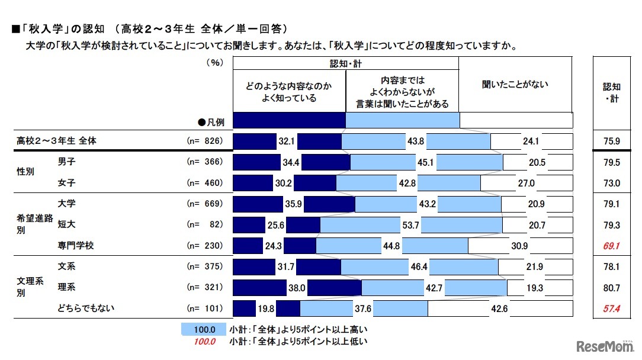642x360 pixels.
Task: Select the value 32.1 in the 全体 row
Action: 287,142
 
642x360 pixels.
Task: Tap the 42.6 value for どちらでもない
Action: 496,308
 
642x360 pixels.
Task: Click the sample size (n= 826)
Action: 204,142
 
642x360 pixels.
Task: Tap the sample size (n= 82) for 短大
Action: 204,225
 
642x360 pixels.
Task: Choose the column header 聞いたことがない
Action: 515,85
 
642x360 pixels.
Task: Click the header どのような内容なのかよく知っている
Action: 289,92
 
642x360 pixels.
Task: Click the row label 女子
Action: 66,182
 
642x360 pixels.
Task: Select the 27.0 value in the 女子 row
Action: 526,184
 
